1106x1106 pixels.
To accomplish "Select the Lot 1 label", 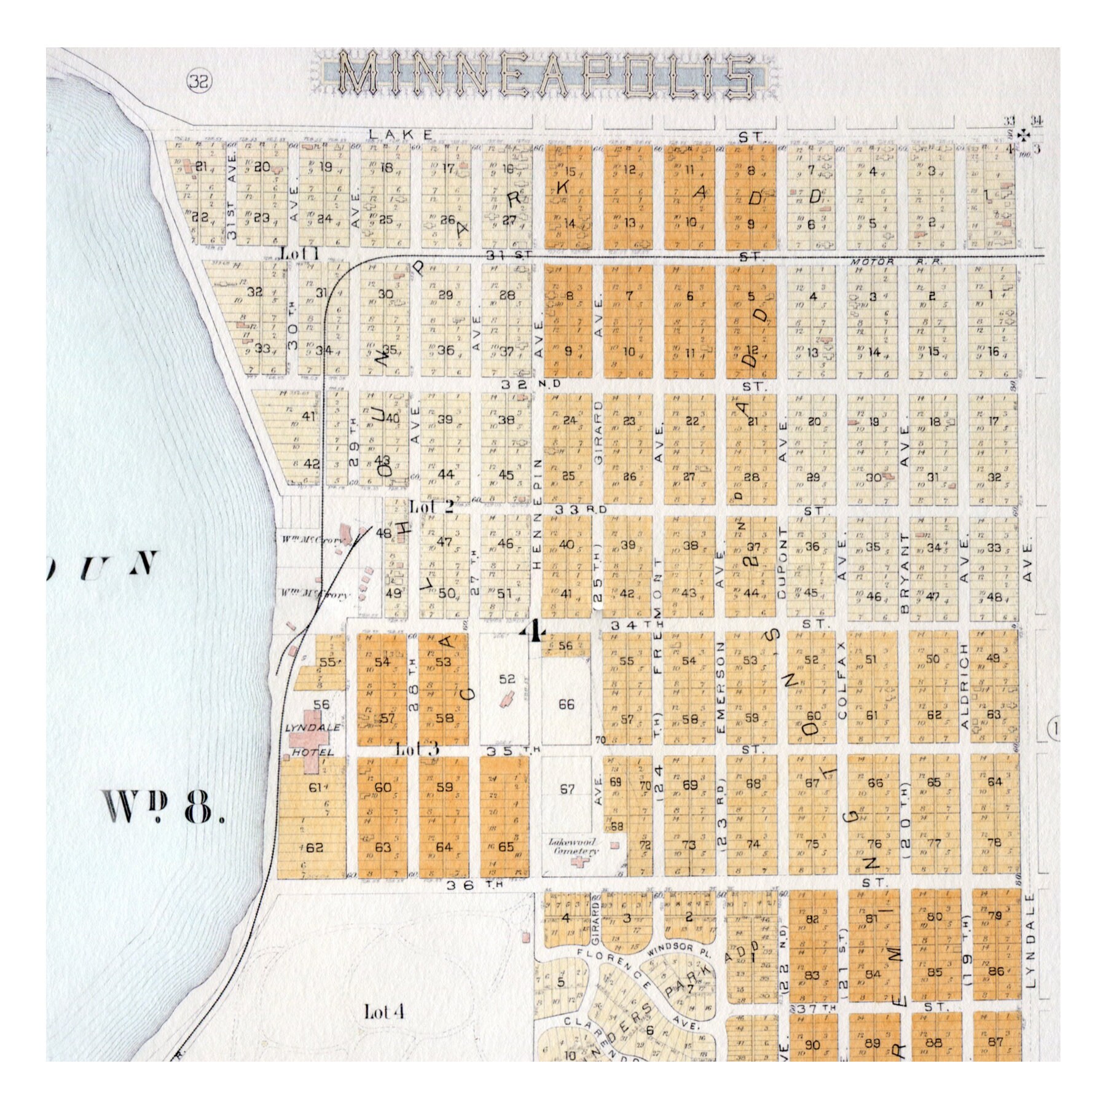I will click(x=299, y=253).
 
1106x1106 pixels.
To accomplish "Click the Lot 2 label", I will click(x=431, y=507).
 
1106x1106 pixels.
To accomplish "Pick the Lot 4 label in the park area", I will click(x=383, y=1012).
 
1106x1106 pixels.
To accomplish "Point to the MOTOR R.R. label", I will click(x=880, y=262).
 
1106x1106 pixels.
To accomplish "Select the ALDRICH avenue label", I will click(x=965, y=687).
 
